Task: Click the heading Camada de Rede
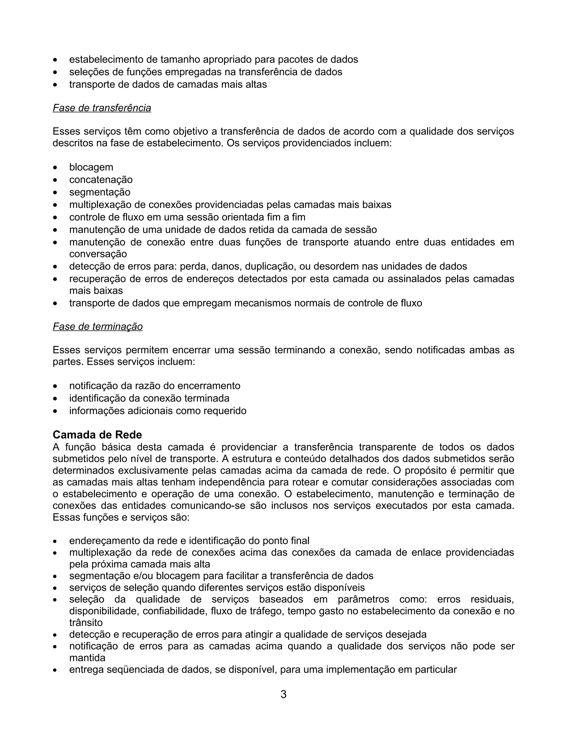click(97, 435)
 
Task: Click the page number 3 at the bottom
click(283, 694)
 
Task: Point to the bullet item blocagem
click(91, 167)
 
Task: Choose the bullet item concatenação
click(101, 180)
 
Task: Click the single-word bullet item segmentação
click(100, 192)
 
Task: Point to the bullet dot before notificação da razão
click(55, 386)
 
